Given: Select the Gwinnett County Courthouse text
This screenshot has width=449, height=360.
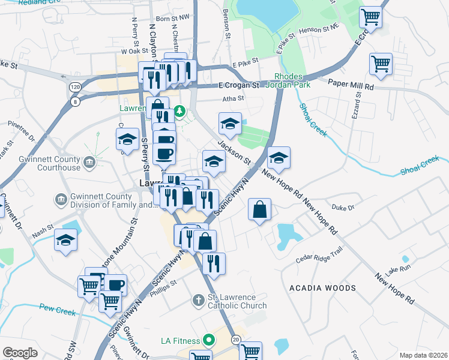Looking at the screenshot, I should tap(54, 164).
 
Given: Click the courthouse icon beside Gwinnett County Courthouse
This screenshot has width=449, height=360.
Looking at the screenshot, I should tap(89, 161).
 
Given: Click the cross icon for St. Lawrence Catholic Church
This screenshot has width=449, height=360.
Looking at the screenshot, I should tap(199, 299).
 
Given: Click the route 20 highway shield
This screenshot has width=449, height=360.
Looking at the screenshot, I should tap(237, 340).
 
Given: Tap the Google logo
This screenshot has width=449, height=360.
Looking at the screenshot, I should tap(20, 353).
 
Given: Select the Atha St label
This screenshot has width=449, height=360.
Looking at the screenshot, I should tap(234, 98).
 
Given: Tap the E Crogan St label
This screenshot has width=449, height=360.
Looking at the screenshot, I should tap(238, 85).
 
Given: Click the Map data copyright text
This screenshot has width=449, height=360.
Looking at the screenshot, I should tap(424, 355).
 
